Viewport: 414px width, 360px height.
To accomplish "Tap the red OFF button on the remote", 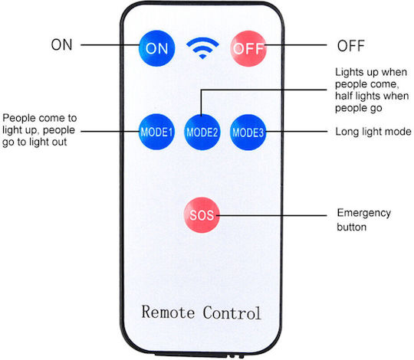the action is point(248,48).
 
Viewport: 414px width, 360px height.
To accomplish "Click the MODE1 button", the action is point(156,132).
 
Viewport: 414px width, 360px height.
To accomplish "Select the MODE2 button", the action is point(202,132).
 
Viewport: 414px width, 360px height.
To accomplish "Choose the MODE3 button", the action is point(248,133).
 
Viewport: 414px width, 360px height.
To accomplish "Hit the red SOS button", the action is point(202,215).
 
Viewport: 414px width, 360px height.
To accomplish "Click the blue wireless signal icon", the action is point(202,48).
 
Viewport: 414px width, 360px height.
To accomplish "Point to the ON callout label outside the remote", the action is point(61,45).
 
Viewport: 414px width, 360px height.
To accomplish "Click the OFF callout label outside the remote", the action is point(351,46).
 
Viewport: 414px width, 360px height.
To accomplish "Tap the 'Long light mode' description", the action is point(373,132).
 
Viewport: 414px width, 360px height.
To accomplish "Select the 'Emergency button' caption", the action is point(364,220).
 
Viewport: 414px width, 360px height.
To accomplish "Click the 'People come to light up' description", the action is point(40,130).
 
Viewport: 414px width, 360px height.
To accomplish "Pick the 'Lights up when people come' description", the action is point(372,90).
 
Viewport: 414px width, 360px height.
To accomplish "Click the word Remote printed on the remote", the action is point(168,312).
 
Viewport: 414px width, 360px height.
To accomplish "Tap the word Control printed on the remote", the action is point(232,313).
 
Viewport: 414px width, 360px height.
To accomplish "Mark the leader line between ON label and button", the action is point(110,45).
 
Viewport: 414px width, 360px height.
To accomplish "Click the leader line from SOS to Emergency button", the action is point(271,215).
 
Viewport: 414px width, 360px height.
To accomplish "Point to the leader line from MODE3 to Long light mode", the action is point(297,131).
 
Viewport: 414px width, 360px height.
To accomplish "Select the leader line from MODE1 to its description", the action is point(110,131).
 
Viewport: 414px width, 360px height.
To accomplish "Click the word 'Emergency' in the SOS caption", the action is point(364,214).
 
